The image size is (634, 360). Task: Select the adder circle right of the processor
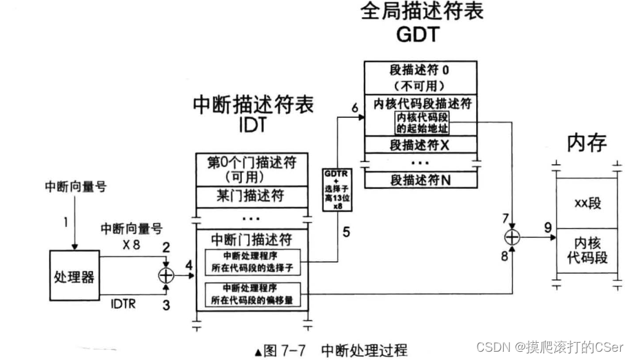click(166, 274)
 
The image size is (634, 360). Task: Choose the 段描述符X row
click(420, 146)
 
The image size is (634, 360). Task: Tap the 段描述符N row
click(420, 180)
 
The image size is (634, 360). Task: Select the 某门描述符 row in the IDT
click(252, 197)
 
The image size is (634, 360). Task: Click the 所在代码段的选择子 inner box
click(253, 263)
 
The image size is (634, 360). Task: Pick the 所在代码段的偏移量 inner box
click(253, 294)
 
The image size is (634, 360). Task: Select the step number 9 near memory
click(546, 226)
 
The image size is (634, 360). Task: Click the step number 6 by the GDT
click(354, 108)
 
